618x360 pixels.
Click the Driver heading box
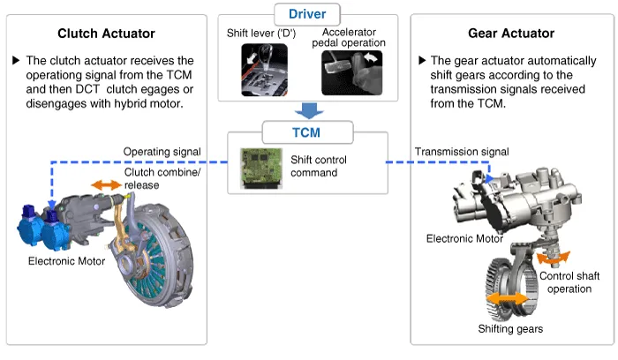point(307,15)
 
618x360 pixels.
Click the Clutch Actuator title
point(106,34)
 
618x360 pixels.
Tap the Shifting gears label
point(510,329)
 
